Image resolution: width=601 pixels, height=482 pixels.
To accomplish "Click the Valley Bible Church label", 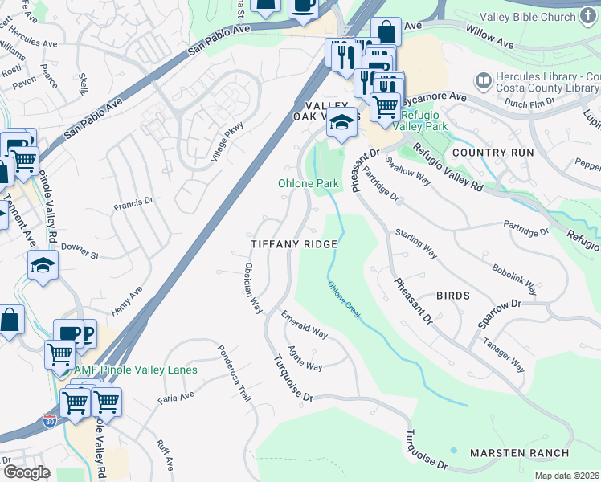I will coord(539,17).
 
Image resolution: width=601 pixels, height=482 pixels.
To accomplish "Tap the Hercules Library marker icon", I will coord(483,80).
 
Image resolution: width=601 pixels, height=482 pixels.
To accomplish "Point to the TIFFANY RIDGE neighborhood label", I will coord(292,243).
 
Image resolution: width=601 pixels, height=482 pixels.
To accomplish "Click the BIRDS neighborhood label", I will coord(452,296).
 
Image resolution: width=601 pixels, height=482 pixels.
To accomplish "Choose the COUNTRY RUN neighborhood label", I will coord(493,152).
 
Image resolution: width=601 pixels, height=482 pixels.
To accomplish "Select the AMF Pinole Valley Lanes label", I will coord(136,370).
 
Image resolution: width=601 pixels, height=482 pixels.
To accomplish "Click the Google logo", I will coord(27,472).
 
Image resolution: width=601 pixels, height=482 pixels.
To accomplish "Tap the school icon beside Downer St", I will coord(43,264).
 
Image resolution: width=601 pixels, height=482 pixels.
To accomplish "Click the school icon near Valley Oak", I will coord(341,122).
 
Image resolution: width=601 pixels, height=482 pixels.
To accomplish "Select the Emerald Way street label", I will coord(305,326).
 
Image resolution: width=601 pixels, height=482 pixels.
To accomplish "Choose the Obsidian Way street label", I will coord(253,287).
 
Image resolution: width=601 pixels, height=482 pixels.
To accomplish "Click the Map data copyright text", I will coord(566,476).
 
